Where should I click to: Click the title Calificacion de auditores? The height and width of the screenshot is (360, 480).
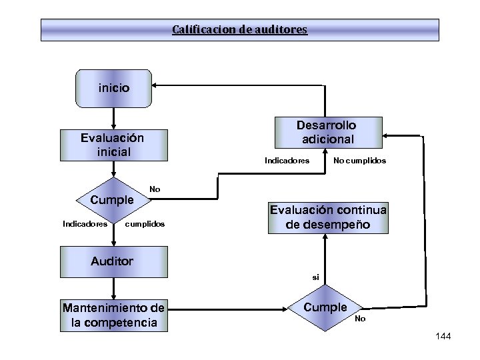(x=240, y=30)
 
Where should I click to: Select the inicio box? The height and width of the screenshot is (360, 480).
(x=114, y=87)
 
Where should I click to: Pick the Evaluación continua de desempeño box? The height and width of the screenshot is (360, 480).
(x=328, y=217)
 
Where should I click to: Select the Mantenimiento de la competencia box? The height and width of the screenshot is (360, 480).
(x=113, y=315)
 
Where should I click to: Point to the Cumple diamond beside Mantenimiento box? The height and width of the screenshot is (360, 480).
(x=326, y=307)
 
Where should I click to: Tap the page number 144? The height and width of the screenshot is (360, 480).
(x=442, y=337)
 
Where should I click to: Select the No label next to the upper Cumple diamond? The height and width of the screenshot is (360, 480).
(x=155, y=189)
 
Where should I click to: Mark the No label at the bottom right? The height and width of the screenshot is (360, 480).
(x=360, y=319)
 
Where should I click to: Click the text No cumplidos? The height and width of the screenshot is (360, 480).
(x=359, y=161)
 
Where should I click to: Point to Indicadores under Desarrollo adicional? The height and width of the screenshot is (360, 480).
(x=287, y=161)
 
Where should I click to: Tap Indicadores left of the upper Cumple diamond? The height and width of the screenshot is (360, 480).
(x=85, y=224)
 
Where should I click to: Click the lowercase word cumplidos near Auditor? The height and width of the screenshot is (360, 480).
(x=145, y=224)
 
